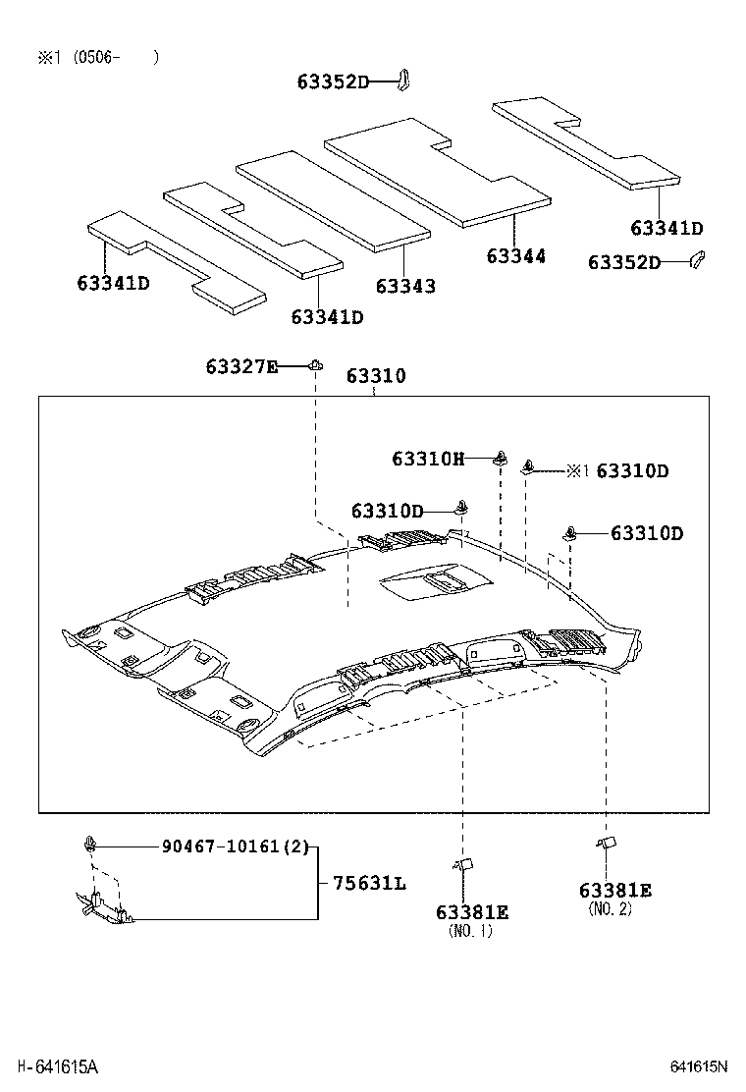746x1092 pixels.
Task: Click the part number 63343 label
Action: pos(405,286)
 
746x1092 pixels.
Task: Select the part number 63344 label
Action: pos(516,256)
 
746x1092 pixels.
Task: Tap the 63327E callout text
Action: pos(241,366)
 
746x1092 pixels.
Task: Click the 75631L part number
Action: pos(369,883)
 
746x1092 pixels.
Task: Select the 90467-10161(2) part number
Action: pos(235,846)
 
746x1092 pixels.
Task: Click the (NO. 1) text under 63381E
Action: pos(470,931)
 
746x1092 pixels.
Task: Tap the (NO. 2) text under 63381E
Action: pos(610,909)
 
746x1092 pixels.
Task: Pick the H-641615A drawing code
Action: pos(57,1066)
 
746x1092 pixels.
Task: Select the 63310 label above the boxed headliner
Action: pos(375,376)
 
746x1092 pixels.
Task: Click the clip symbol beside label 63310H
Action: pos(501,457)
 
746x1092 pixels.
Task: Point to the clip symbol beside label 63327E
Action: pos(315,365)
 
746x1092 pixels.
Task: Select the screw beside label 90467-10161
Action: pos(90,844)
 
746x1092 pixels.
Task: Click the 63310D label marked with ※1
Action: pos(632,470)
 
